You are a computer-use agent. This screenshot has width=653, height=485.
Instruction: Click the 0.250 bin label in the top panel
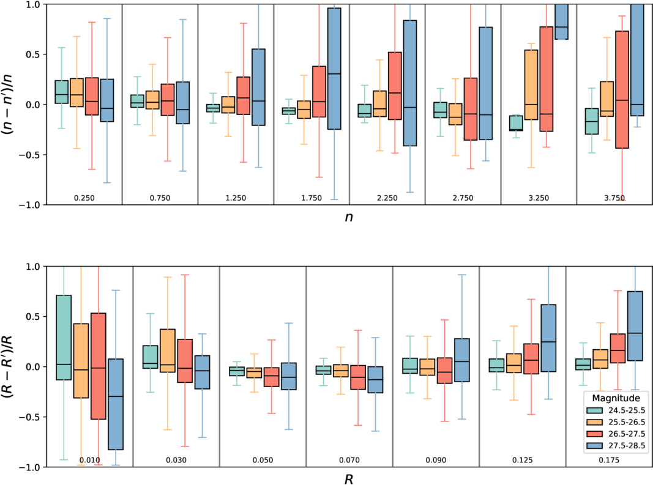(84, 198)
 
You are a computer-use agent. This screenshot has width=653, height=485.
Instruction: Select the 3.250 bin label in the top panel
(539, 198)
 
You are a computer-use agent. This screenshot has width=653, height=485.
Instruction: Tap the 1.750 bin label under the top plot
(312, 198)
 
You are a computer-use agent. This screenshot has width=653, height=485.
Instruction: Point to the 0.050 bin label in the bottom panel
(263, 460)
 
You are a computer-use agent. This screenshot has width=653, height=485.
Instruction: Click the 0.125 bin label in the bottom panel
(523, 460)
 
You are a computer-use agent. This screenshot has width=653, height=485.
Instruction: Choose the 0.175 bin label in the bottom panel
(609, 460)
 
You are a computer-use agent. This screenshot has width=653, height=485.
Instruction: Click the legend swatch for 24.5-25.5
(594, 410)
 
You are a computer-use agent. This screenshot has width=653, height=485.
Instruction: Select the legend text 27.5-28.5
(627, 446)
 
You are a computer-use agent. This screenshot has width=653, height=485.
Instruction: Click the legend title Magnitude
(616, 398)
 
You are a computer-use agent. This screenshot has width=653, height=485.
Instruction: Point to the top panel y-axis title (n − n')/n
(8, 103)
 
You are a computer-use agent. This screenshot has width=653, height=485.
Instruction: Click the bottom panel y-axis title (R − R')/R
(8, 366)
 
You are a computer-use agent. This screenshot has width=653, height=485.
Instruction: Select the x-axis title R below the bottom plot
(349, 479)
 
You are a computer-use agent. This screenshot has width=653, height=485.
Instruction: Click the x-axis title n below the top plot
(349, 217)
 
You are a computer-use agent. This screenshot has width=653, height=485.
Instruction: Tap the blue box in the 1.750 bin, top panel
(334, 68)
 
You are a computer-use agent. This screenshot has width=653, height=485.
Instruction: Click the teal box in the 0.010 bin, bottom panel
(64, 338)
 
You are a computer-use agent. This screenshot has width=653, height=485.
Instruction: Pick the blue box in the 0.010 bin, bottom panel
(115, 404)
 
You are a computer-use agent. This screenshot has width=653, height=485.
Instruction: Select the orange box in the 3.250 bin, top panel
(531, 85)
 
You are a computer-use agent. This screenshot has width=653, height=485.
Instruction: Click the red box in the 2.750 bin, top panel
(471, 109)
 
